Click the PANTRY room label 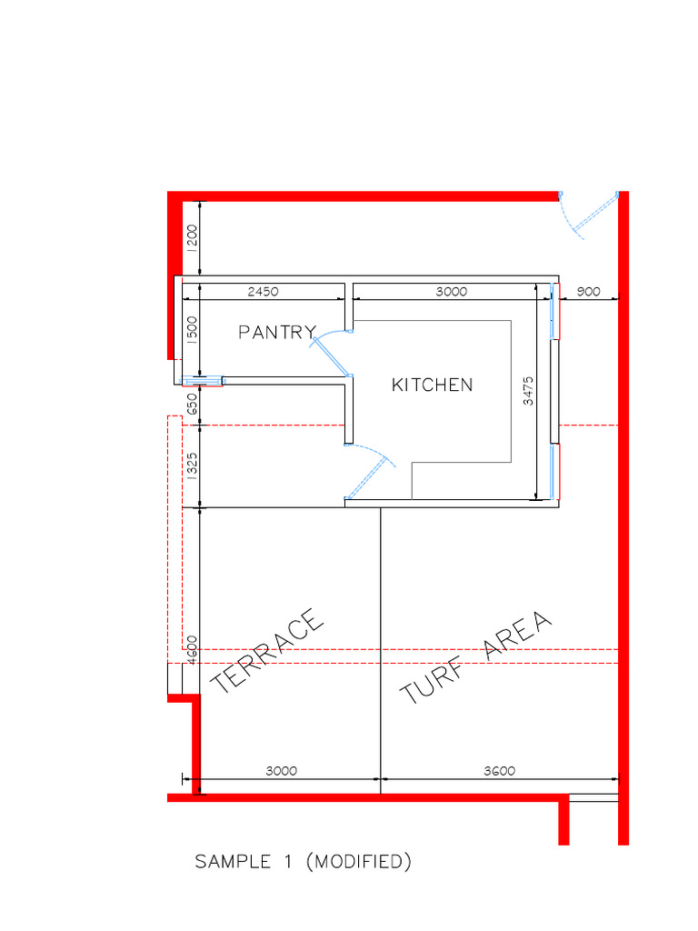pyautogui.click(x=277, y=332)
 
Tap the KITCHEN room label pyautogui.click(x=432, y=385)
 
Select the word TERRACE pyautogui.click(x=267, y=651)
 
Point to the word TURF pyautogui.click(x=432, y=681)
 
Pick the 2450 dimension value pyautogui.click(x=263, y=292)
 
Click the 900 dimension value pyautogui.click(x=588, y=292)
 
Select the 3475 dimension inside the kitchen pyautogui.click(x=528, y=391)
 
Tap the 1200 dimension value pyautogui.click(x=192, y=238)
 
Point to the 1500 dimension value pyautogui.click(x=192, y=330)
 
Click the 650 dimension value pyautogui.click(x=192, y=405)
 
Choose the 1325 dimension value pyautogui.click(x=192, y=466)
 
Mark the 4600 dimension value pyautogui.click(x=192, y=650)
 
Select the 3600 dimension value pyautogui.click(x=500, y=771)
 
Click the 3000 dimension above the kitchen pyautogui.click(x=452, y=292)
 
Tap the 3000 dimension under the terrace pyautogui.click(x=282, y=771)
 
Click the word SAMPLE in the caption pyautogui.click(x=233, y=862)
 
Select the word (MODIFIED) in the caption pyautogui.click(x=358, y=862)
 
